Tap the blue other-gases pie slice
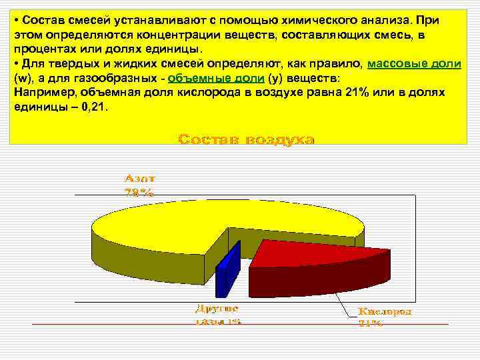point(227,270)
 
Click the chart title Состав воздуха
point(247,139)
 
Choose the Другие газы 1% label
point(217,315)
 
